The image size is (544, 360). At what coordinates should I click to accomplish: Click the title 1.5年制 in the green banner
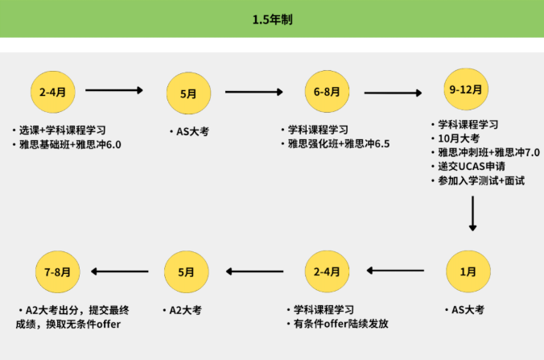click(x=272, y=19)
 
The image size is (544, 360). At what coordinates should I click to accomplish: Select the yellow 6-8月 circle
click(x=327, y=91)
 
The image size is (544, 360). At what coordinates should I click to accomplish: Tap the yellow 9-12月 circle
click(x=466, y=89)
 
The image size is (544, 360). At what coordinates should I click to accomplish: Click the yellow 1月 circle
click(x=468, y=271)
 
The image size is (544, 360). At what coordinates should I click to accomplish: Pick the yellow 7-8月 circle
click(x=58, y=272)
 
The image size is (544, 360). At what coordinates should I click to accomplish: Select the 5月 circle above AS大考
click(x=188, y=93)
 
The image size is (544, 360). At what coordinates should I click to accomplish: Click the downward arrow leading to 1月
click(x=472, y=213)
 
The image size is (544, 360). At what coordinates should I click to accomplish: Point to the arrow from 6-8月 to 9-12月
click(x=393, y=93)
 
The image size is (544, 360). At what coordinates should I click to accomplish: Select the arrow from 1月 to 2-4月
click(x=395, y=270)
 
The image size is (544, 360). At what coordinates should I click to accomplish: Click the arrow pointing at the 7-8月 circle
click(x=120, y=271)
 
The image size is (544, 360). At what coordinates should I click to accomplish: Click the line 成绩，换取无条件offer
click(x=68, y=325)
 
